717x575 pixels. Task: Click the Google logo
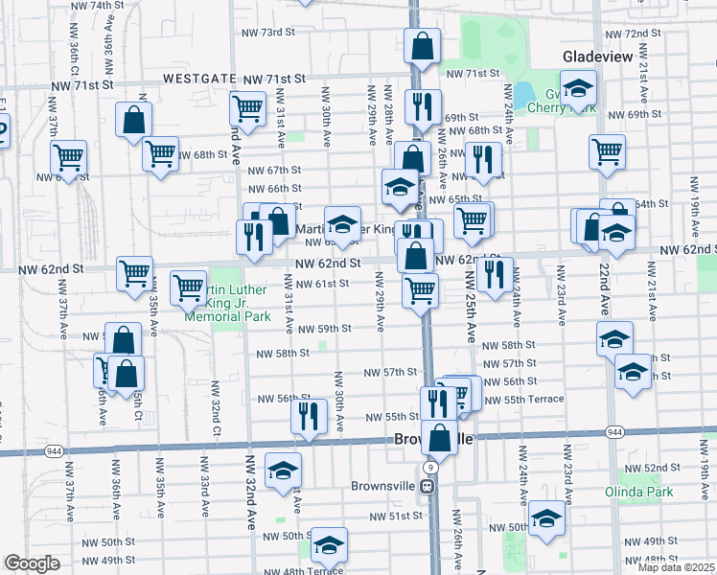pyautogui.click(x=32, y=563)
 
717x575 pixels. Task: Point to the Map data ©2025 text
pyautogui.click(x=675, y=567)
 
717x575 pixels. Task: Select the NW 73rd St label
pyautogui.click(x=267, y=33)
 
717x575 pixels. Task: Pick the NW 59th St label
pyautogui.click(x=324, y=329)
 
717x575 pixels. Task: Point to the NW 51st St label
pyautogui.click(x=397, y=516)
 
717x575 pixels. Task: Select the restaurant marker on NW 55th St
pyautogui.click(x=309, y=417)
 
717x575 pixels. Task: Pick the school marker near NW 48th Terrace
pyautogui.click(x=328, y=546)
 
